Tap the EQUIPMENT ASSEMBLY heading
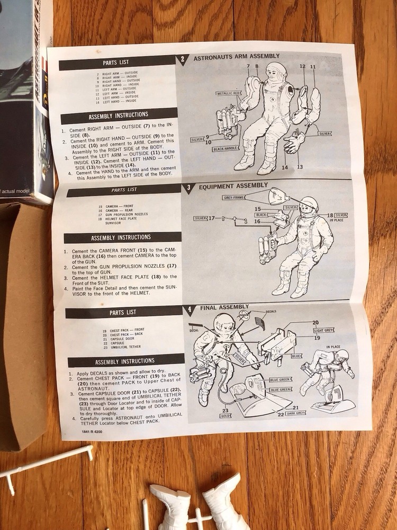(233, 185)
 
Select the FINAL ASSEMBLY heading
(224, 307)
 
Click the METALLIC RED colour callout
(228, 93)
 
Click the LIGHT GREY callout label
(323, 330)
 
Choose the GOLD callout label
(225, 416)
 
